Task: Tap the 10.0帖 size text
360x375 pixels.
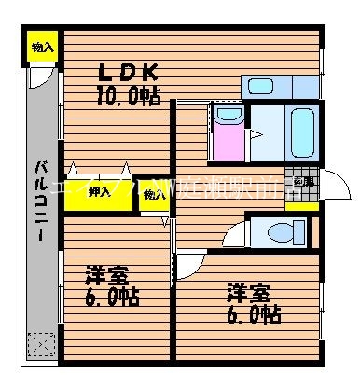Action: (x=128, y=94)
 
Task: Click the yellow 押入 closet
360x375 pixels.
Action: (x=99, y=193)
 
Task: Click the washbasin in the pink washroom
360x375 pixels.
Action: (x=227, y=116)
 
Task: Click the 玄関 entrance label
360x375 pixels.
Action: (x=303, y=182)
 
